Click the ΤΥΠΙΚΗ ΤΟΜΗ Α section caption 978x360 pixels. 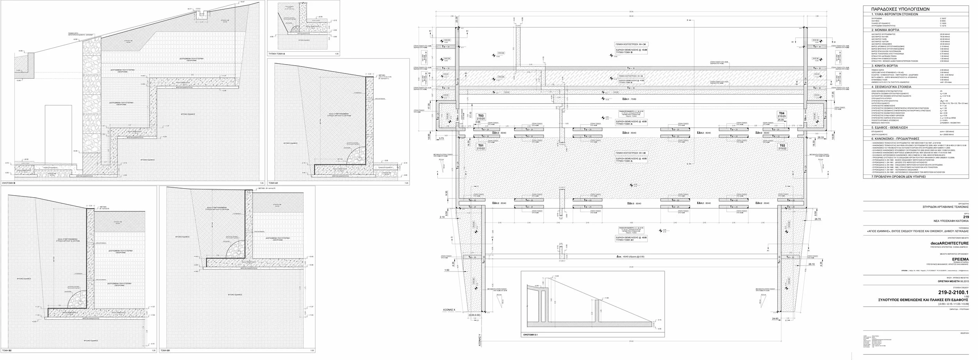pos(277,53)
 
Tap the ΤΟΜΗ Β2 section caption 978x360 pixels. pos(7,350)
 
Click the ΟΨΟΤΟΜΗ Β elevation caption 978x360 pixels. pos(9,183)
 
